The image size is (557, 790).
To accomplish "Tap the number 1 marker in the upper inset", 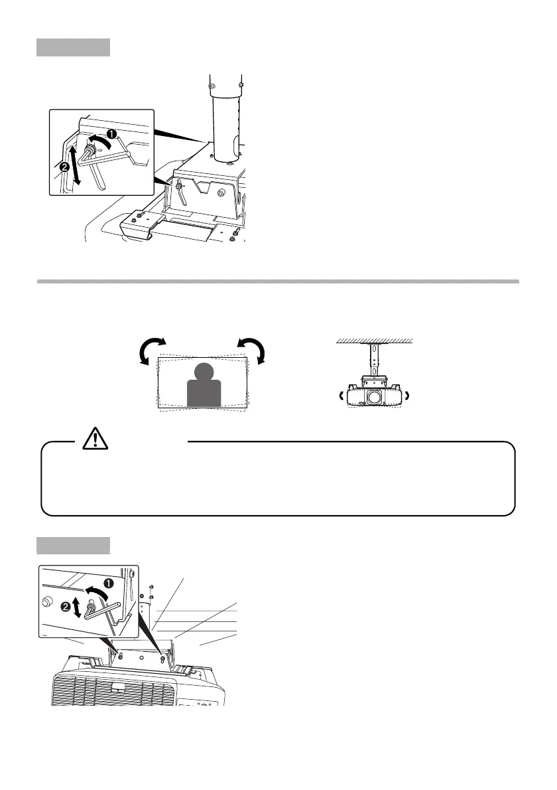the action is click(112, 133).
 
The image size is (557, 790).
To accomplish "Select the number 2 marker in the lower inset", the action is click(66, 607).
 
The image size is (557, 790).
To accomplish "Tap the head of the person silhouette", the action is click(205, 373).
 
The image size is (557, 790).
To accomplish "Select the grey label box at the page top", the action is click(73, 47).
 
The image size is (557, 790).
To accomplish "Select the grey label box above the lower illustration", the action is click(73, 545).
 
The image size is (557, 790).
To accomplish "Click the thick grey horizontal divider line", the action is click(278, 281).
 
